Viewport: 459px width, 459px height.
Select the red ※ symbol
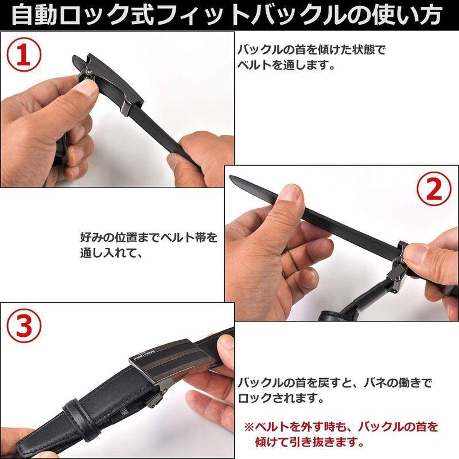point(248,427)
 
